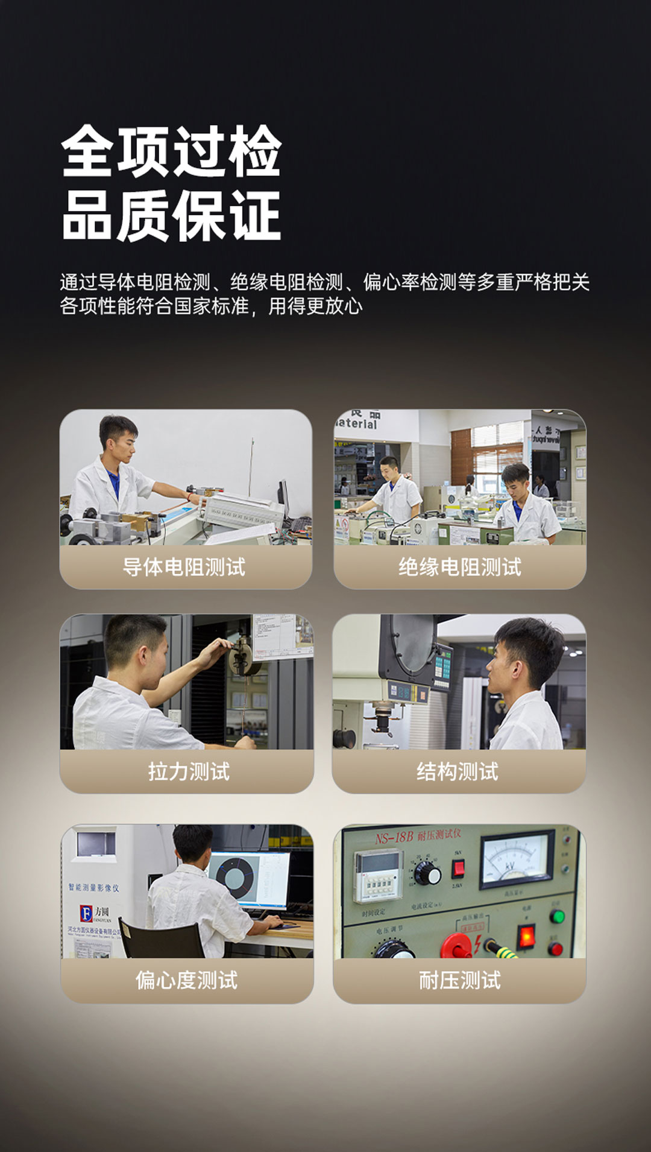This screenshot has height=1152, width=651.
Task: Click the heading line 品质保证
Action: tap(171, 216)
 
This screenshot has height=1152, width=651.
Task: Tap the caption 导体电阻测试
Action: tap(184, 567)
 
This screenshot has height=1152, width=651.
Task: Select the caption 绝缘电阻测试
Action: tap(460, 567)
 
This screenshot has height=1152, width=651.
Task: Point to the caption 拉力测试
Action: tap(189, 771)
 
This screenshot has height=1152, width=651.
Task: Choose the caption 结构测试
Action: tap(458, 771)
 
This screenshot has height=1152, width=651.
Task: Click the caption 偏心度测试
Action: tap(186, 980)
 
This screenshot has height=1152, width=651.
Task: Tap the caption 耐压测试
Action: tap(460, 980)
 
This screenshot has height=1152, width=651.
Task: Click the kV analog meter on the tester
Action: tap(516, 859)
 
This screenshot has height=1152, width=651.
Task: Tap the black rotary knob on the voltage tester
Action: tap(427, 872)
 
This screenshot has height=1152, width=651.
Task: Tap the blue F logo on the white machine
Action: tap(87, 913)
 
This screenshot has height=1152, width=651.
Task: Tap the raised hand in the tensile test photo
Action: tap(218, 651)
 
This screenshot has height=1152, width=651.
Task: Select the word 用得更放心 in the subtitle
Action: tap(315, 306)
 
